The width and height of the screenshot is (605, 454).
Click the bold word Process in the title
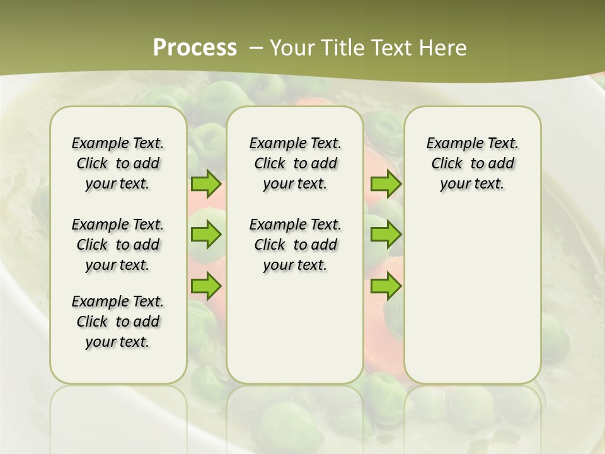[x=195, y=48]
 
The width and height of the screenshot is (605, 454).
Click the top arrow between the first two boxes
[x=205, y=184]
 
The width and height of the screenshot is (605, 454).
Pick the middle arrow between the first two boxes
[x=205, y=235]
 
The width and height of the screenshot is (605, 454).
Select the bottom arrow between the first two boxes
[x=205, y=287]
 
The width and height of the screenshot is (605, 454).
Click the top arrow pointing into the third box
[x=386, y=184]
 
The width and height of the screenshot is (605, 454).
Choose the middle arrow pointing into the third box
[x=386, y=235]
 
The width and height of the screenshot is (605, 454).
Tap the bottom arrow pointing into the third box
[x=386, y=287]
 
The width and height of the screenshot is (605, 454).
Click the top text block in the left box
[x=118, y=163]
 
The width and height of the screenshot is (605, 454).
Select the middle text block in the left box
[x=118, y=245]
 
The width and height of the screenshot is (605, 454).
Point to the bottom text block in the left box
[x=118, y=322]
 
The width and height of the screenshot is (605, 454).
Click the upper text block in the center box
[x=295, y=163]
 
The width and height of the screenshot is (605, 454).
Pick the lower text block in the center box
[x=295, y=245]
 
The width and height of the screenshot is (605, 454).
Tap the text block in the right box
[x=472, y=163]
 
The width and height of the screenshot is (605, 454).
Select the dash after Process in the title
[x=256, y=48]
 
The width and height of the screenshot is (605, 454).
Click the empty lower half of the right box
[x=472, y=303]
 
